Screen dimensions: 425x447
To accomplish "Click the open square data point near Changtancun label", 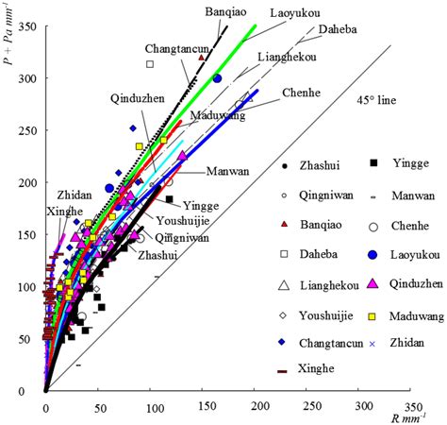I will tap(150, 64).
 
